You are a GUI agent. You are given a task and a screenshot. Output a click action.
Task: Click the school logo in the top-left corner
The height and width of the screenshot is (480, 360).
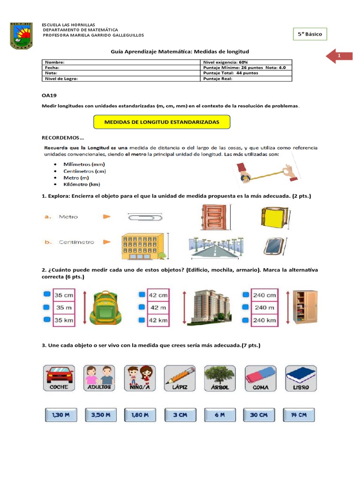[22, 35]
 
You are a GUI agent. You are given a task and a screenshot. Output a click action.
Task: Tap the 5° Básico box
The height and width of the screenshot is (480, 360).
[310, 35]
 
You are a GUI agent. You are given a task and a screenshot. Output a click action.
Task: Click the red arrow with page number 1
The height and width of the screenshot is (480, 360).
[339, 56]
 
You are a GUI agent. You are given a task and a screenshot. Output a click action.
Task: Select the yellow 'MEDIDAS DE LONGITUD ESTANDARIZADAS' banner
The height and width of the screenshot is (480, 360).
[162, 122]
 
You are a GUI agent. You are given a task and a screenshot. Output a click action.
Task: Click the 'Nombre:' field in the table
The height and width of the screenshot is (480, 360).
[121, 62]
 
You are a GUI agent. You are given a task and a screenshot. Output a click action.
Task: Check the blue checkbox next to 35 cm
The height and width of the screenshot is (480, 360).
[46, 295]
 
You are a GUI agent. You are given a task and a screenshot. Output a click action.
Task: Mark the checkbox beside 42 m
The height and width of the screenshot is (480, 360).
[142, 307]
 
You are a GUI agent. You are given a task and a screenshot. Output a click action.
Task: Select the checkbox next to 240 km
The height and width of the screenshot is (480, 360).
[245, 320]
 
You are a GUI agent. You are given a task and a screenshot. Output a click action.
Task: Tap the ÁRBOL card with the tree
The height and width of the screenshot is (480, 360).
[219, 378]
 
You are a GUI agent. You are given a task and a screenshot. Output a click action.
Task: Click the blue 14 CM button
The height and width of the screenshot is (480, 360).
[299, 415]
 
